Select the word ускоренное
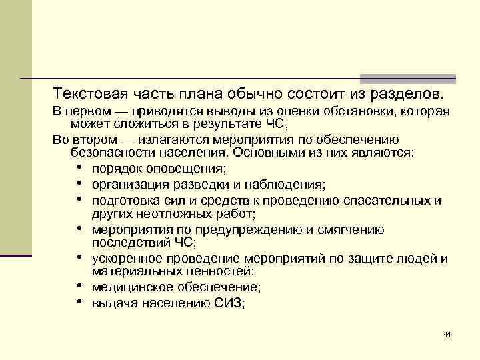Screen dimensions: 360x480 tap(127, 259)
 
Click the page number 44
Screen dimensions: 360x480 tap(447, 334)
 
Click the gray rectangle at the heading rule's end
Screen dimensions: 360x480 tap(408, 79)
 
